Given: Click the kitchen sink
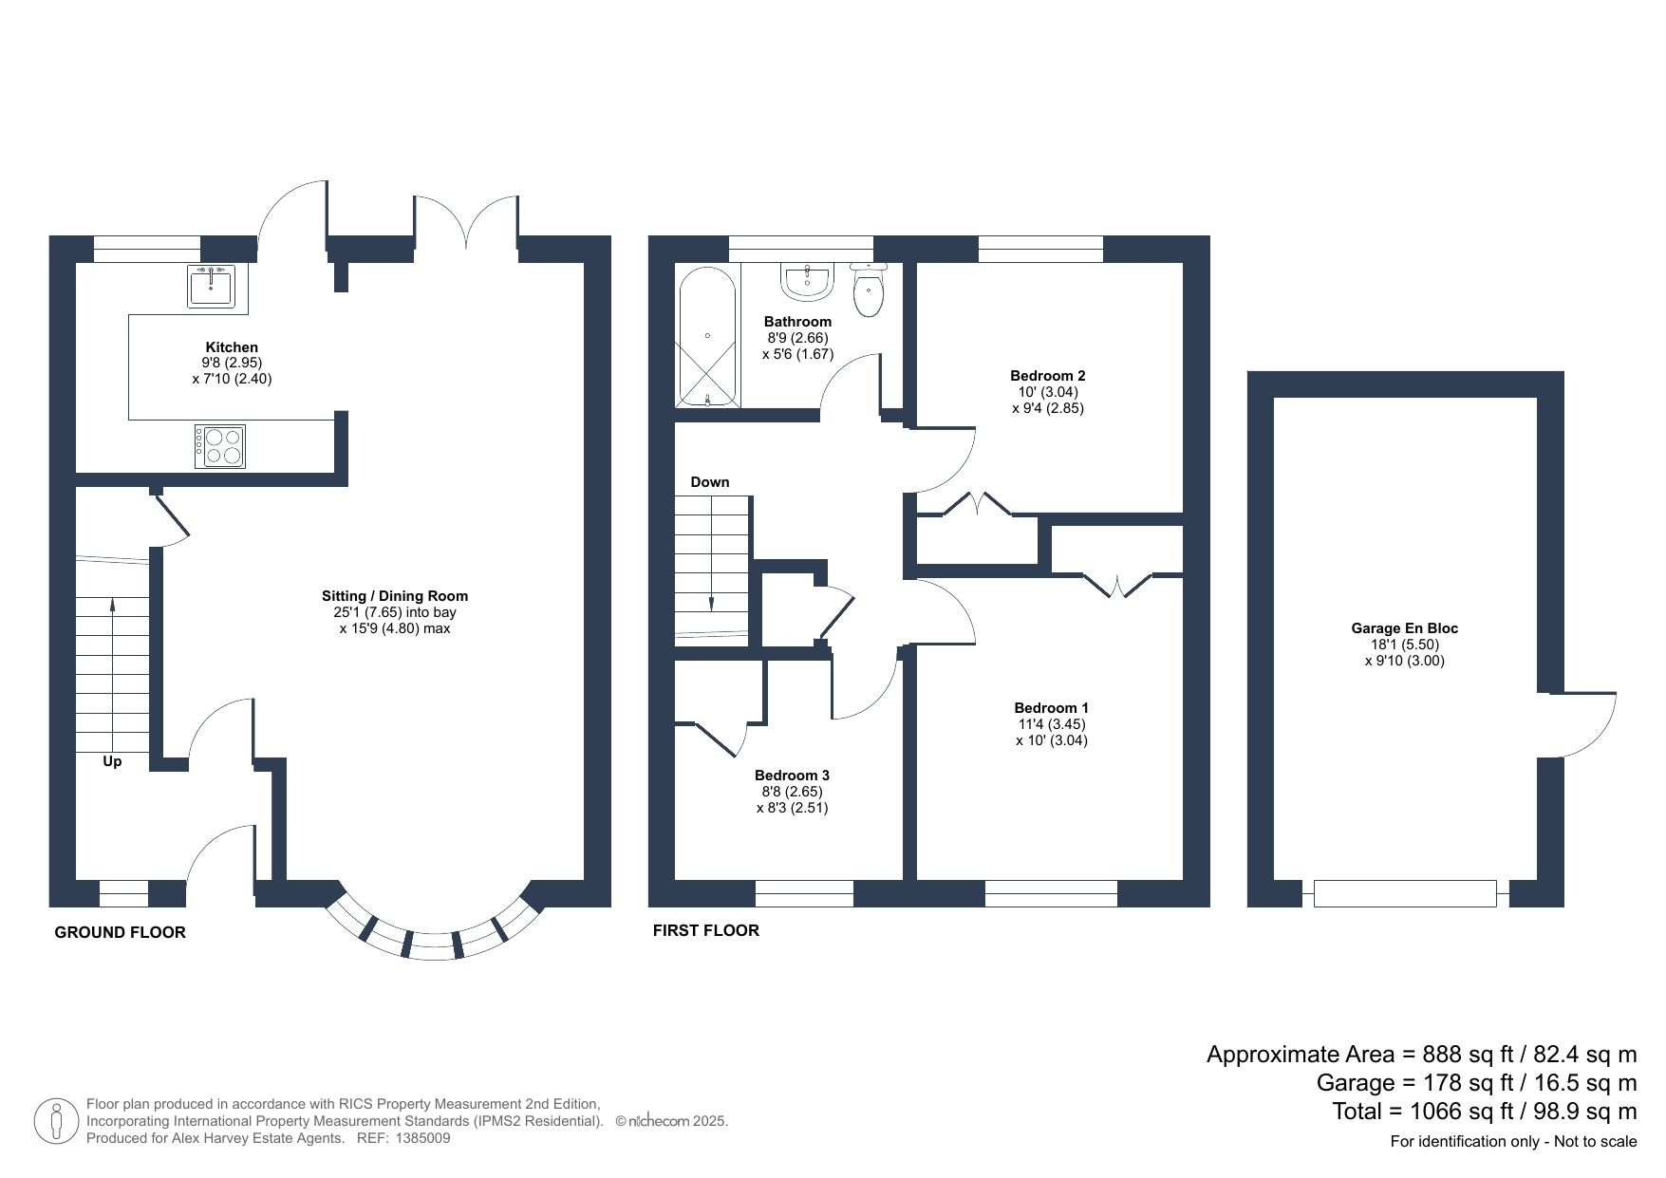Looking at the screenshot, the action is [210, 286].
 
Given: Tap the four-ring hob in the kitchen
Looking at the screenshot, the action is [220, 446].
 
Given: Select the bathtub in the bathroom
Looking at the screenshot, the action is [707, 335].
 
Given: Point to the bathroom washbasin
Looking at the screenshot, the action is [808, 279].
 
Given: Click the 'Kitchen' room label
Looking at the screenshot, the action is [232, 347].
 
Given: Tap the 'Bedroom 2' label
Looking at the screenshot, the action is [1048, 376].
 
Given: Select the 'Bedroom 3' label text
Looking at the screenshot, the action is [792, 776].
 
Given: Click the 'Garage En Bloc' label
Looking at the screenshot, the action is [1405, 628].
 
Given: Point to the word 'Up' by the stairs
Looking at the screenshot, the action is [112, 761].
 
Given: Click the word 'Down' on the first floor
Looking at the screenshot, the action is [710, 482].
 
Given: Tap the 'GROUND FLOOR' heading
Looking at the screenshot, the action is [121, 932].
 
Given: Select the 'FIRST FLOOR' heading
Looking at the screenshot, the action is [706, 930].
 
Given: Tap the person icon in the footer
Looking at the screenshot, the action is [57, 1121].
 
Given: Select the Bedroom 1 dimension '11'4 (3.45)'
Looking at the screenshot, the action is [1052, 724].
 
